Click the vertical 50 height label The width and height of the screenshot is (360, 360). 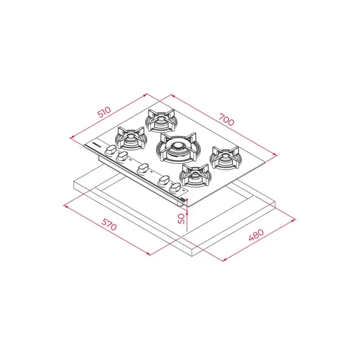click(x=181, y=219)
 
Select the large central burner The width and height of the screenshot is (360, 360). click(x=177, y=146)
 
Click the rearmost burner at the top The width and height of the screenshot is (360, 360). click(x=161, y=119)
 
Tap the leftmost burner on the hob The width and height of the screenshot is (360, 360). click(x=130, y=137)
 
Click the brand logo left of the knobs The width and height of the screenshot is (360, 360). click(x=95, y=145)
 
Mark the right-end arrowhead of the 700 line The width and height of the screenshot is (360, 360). click(x=275, y=155)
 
